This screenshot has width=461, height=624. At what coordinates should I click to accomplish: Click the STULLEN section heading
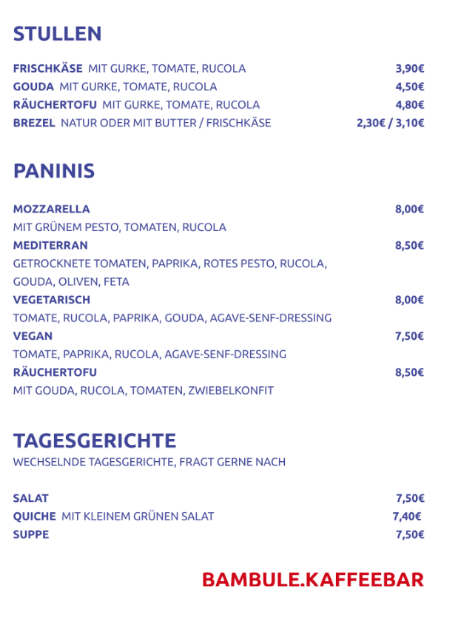(x=57, y=34)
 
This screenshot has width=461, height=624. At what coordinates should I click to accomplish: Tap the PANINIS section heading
(x=54, y=171)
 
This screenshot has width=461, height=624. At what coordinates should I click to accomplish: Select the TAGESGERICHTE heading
(x=95, y=441)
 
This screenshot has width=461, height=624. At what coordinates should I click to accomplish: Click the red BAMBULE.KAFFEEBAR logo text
(x=313, y=579)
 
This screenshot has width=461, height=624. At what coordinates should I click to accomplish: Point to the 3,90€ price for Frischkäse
(x=409, y=69)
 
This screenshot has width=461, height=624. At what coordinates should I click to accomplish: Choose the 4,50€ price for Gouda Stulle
(x=409, y=87)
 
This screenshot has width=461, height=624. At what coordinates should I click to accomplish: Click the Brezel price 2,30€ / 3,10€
(x=390, y=123)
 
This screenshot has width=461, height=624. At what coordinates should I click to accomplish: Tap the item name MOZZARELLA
(x=51, y=209)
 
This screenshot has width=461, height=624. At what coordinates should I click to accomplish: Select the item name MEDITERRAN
(x=50, y=245)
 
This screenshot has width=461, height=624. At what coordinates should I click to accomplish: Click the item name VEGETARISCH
(x=52, y=300)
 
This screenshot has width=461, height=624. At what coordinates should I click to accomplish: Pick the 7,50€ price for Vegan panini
(x=409, y=336)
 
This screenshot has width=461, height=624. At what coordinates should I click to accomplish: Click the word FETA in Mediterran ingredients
(x=116, y=282)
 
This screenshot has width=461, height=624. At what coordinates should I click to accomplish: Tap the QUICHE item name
(x=34, y=517)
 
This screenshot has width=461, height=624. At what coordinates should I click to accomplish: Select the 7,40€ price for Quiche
(x=407, y=517)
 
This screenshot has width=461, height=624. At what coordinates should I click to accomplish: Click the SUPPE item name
(x=31, y=534)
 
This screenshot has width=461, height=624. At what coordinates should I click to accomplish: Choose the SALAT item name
(x=30, y=498)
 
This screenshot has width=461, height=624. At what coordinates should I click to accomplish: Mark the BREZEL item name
(x=34, y=123)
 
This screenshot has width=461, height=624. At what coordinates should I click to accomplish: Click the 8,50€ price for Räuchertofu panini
(x=409, y=372)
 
